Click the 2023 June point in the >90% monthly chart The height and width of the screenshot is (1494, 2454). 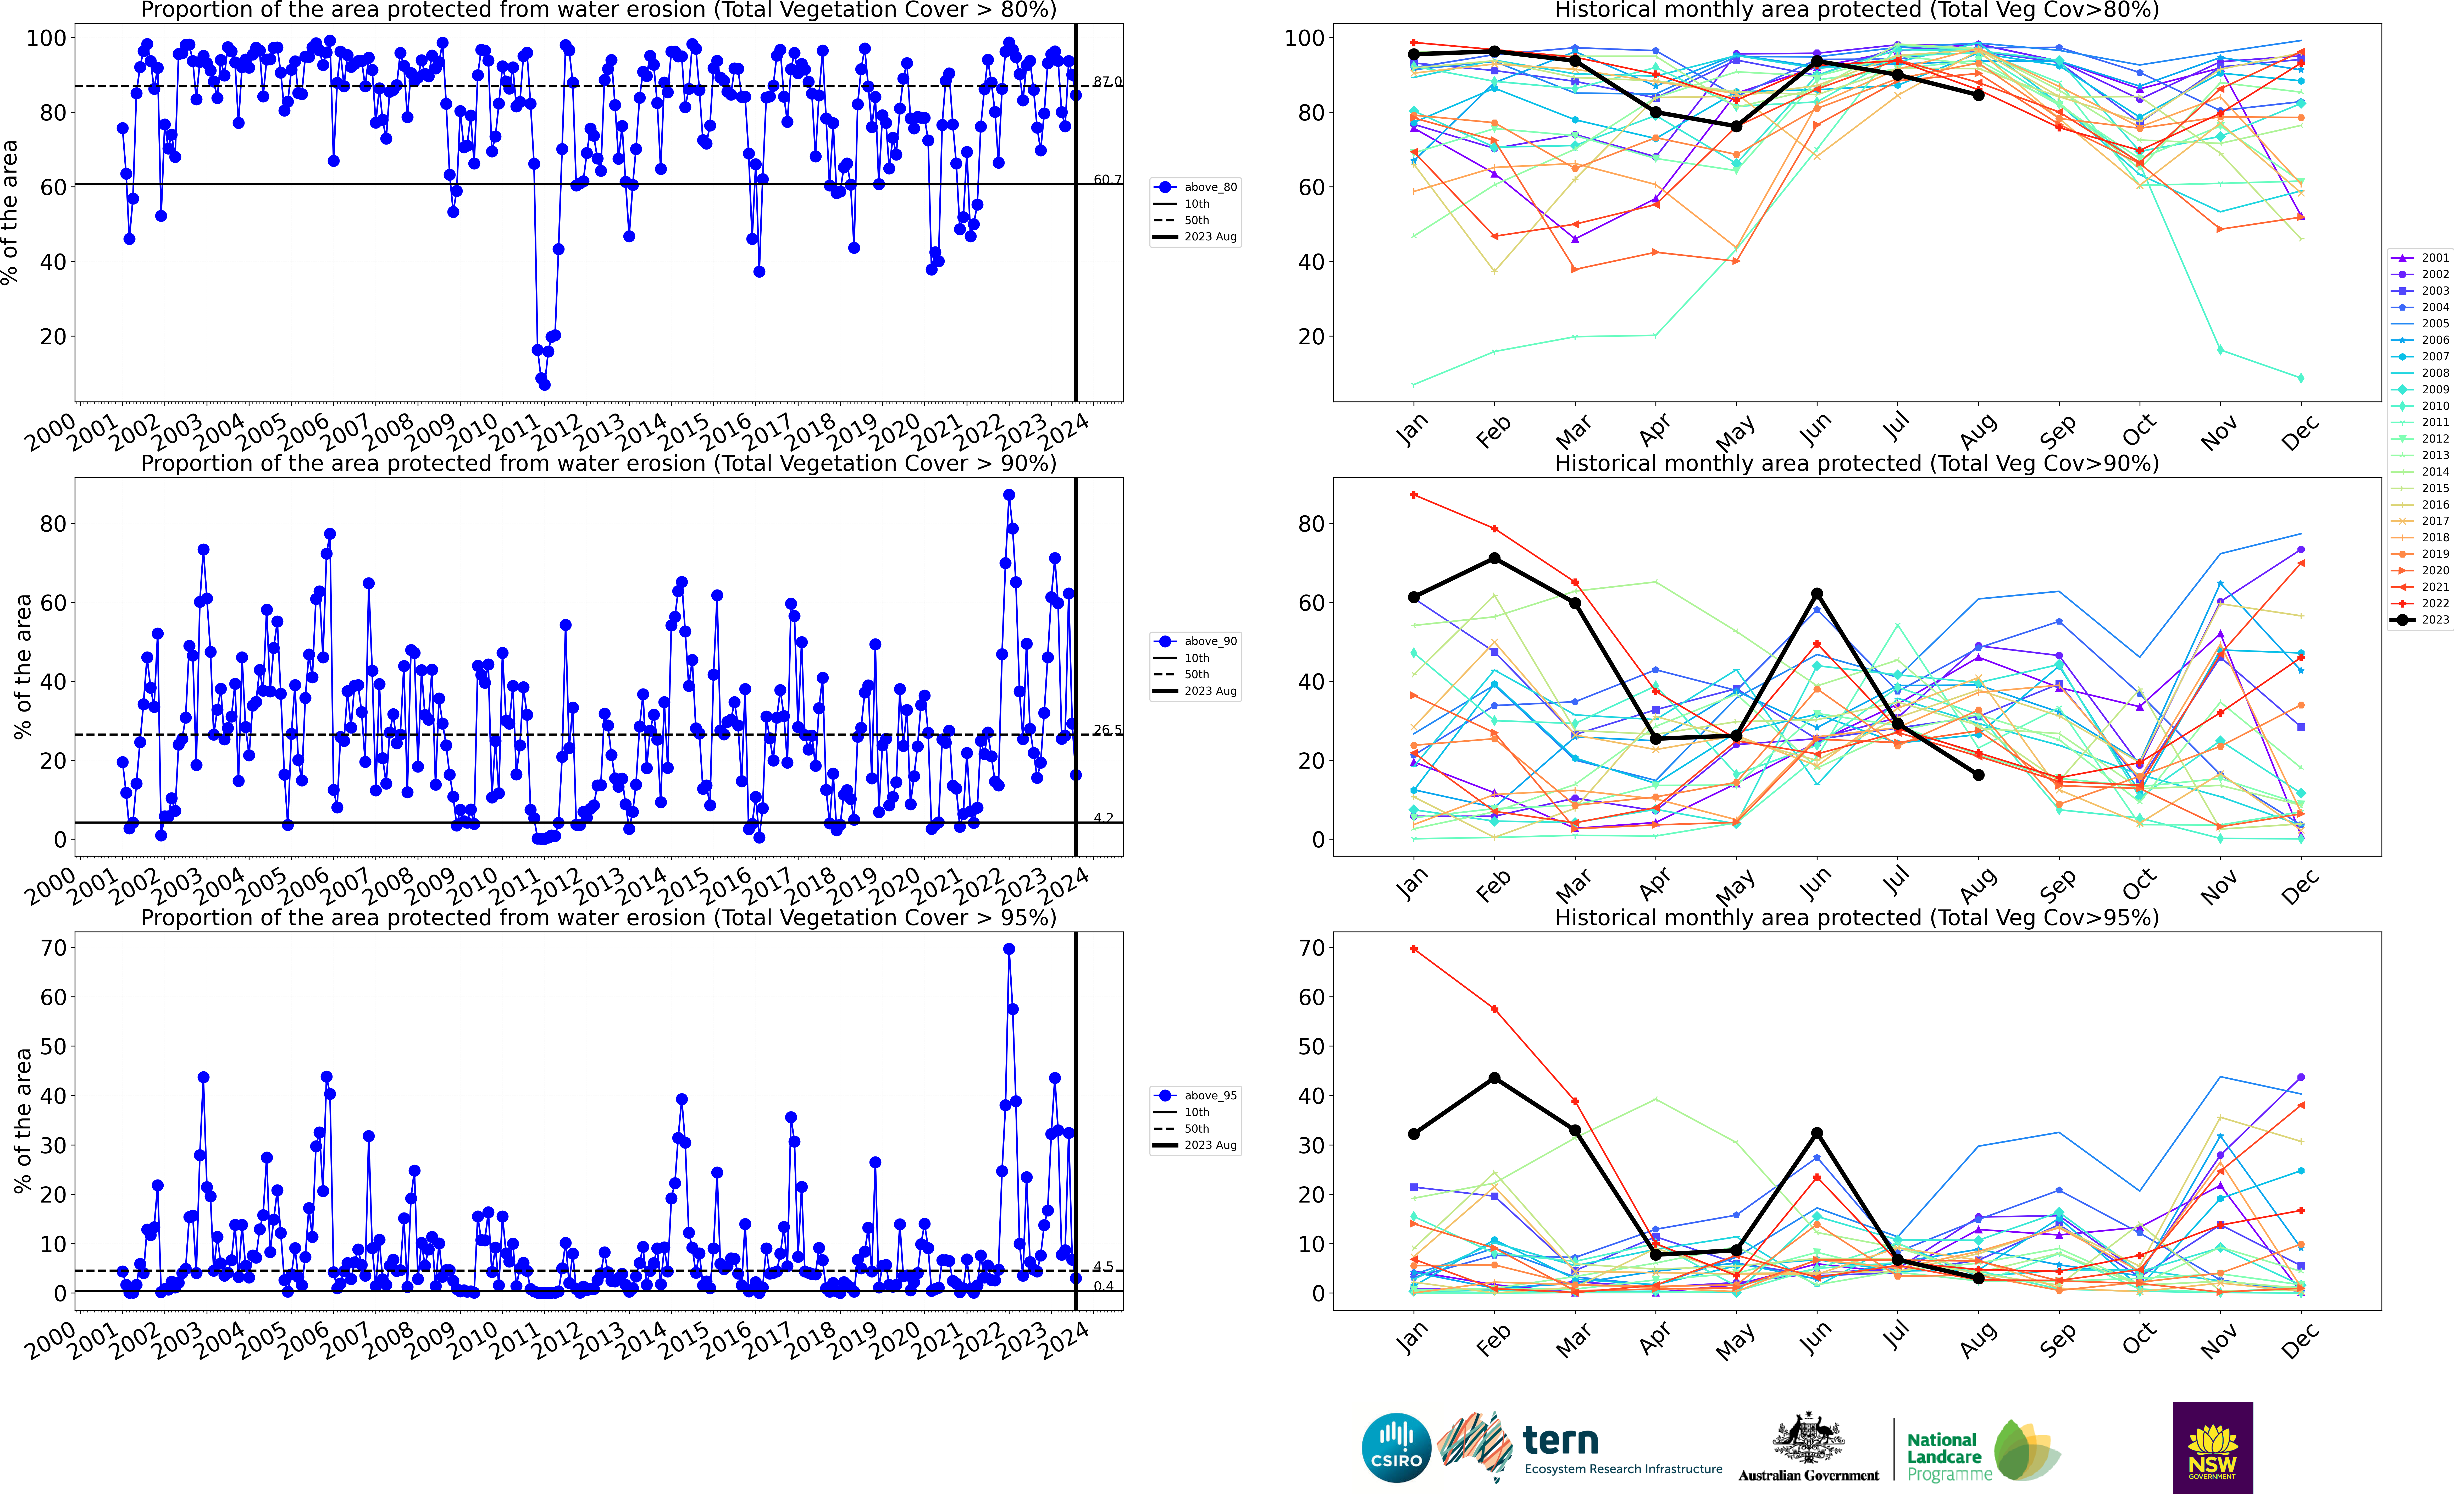tap(1816, 594)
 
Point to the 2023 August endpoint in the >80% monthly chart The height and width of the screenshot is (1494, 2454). tap(1978, 95)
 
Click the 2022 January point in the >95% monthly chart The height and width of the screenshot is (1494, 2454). tap(1413, 949)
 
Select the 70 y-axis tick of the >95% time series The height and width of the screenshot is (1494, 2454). tap(54, 948)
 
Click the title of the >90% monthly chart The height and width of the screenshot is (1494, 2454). tap(1857, 463)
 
